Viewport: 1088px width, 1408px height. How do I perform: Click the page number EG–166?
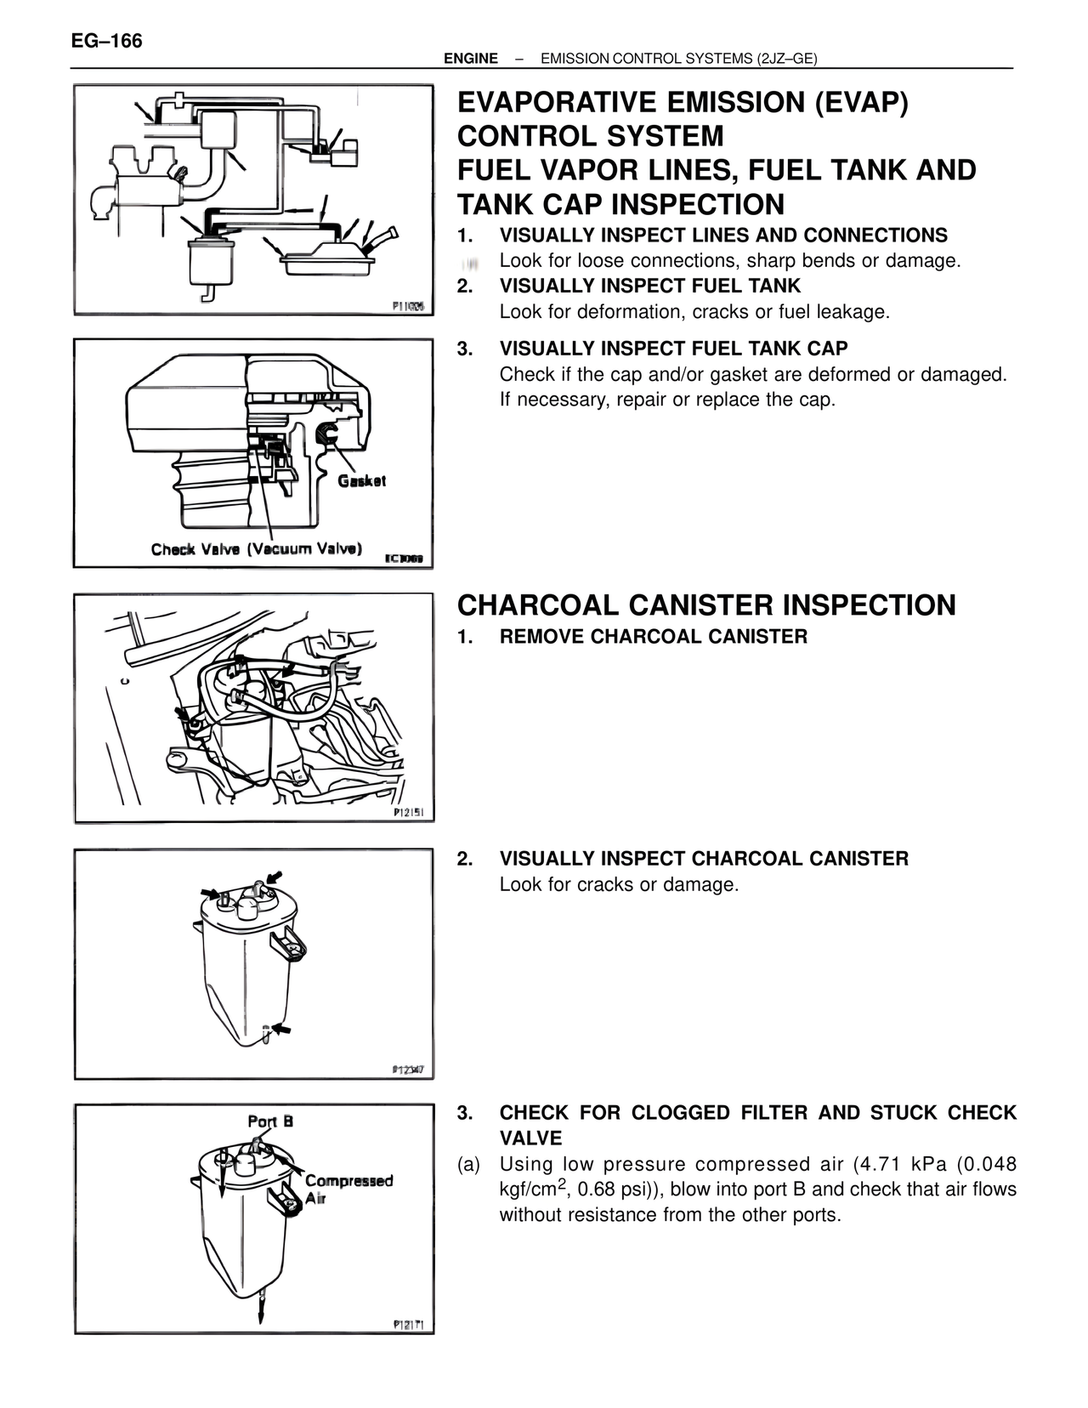pos(107,41)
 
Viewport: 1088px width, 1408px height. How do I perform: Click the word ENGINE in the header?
pos(470,59)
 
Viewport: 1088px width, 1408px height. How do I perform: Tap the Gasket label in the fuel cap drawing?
pos(361,480)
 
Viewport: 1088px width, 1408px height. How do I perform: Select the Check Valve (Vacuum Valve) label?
pos(257,548)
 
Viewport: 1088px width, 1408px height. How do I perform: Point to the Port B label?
pos(270,1121)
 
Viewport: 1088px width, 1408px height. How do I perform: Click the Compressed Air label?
pos(348,1189)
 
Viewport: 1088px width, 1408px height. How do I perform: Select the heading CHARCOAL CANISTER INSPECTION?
pos(705,605)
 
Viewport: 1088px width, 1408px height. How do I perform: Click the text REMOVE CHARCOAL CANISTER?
pos(653,637)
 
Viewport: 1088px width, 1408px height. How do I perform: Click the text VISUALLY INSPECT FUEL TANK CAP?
pos(673,349)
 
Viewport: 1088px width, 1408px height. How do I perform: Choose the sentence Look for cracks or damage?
pos(619,884)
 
